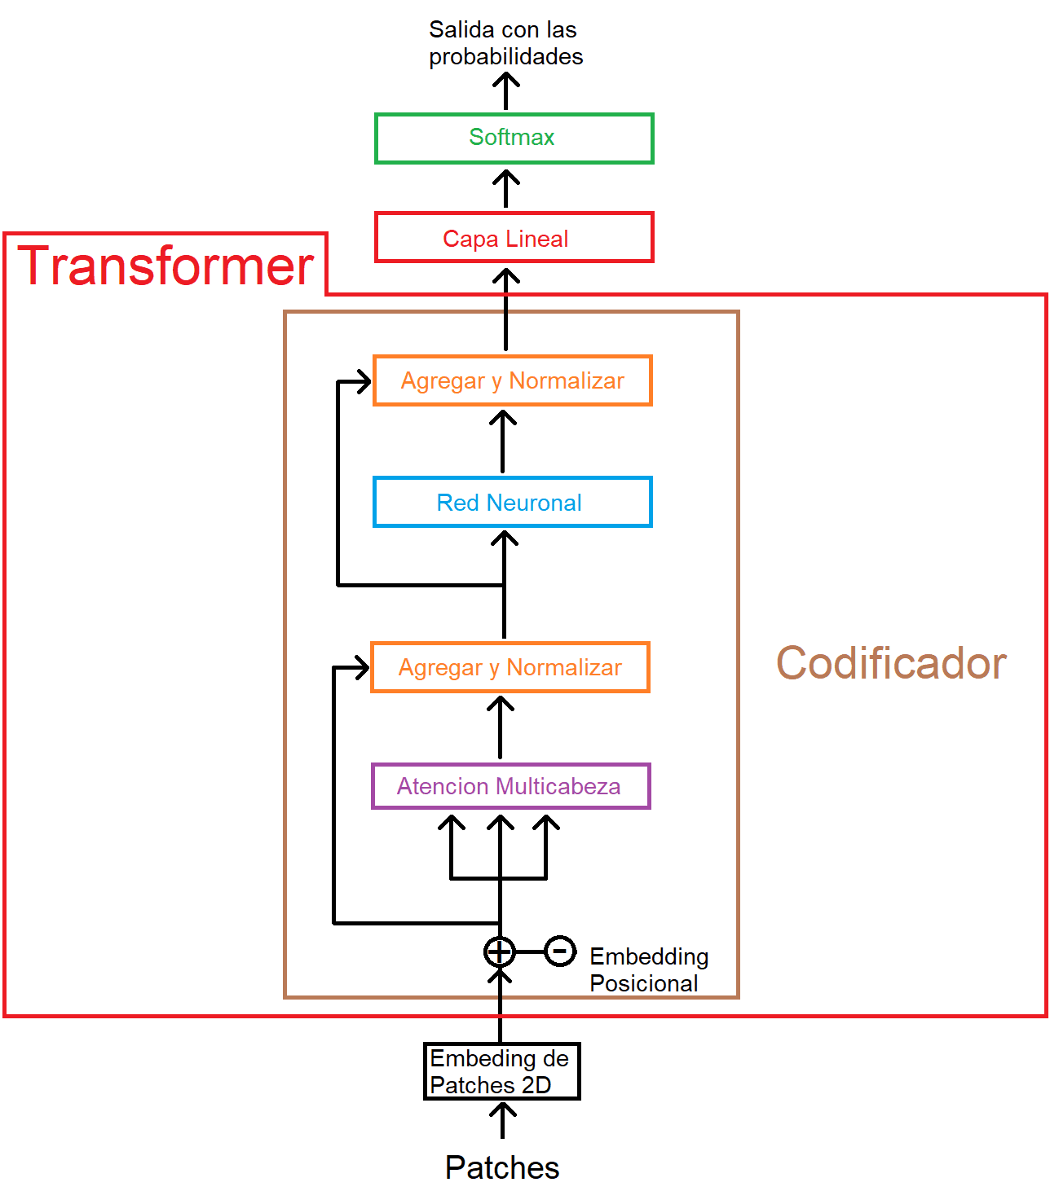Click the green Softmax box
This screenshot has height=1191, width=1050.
(x=514, y=138)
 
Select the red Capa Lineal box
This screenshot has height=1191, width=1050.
(x=514, y=238)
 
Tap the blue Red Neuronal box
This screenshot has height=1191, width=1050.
(x=512, y=503)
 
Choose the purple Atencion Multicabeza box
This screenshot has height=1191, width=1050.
(x=510, y=786)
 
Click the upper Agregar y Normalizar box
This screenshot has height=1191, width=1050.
(x=512, y=380)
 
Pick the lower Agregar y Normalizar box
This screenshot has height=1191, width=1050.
(x=510, y=667)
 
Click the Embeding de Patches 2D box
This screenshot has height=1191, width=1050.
(x=501, y=1071)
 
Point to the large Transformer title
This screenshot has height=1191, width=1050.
(x=165, y=266)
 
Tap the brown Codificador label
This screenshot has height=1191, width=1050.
(x=891, y=663)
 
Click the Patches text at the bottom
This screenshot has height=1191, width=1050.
(x=502, y=1167)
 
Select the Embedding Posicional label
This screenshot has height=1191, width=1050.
(x=648, y=969)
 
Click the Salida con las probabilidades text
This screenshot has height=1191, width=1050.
(x=505, y=43)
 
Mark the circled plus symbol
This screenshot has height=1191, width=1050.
(x=500, y=951)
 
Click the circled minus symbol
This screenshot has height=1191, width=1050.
(x=560, y=951)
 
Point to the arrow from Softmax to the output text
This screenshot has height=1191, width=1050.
(x=506, y=90)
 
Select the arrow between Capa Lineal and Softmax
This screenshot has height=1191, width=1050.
(x=506, y=188)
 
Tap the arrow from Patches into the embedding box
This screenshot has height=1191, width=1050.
(x=503, y=1120)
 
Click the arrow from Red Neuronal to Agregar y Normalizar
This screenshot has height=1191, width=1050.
(x=503, y=442)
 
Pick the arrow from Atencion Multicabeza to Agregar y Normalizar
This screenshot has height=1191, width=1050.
(x=501, y=727)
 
